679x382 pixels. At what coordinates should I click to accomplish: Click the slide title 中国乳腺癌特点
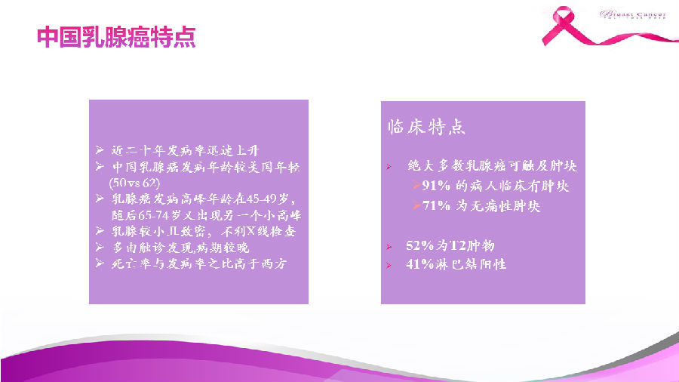[x=116, y=38]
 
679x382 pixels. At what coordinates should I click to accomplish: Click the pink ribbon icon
[x=565, y=25]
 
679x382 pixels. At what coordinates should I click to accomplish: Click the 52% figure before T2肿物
[x=420, y=245]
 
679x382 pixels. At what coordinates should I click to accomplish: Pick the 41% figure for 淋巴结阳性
[x=420, y=264]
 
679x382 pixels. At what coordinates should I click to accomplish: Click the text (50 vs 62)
[x=134, y=182]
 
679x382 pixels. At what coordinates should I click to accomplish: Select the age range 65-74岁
[x=160, y=214]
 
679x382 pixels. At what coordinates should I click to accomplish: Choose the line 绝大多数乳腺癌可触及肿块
[x=492, y=165]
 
